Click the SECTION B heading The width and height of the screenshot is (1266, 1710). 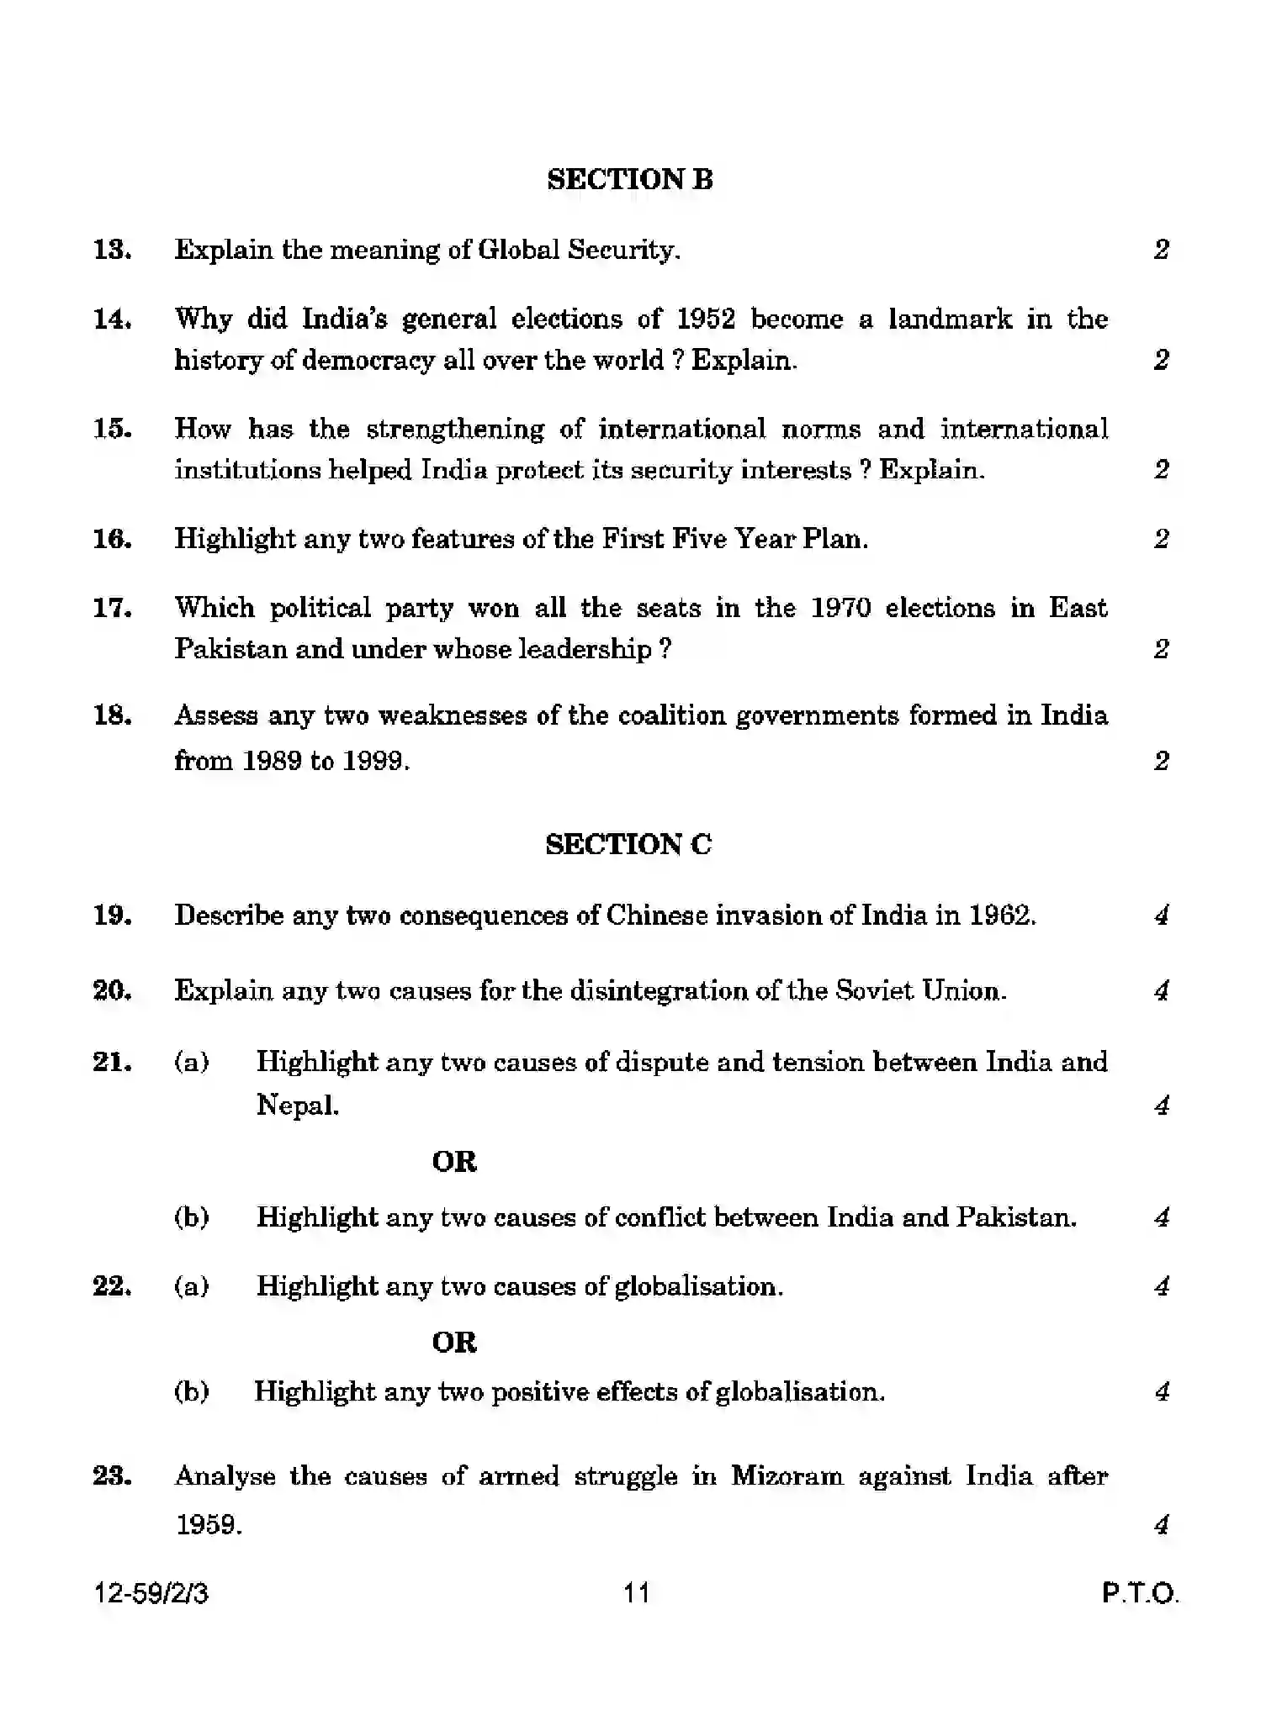pyautogui.click(x=629, y=179)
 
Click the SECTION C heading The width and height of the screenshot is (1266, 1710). pyautogui.click(x=628, y=844)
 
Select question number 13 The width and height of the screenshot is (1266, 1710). pyautogui.click(x=112, y=250)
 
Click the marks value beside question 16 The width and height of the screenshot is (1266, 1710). pyautogui.click(x=1161, y=538)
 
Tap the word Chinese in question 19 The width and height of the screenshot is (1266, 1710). pyautogui.click(x=656, y=915)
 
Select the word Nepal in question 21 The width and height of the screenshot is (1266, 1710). pyautogui.click(x=297, y=1105)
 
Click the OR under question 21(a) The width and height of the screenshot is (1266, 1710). pyautogui.click(x=454, y=1162)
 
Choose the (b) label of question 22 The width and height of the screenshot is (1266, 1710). pyautogui.click(x=192, y=1391)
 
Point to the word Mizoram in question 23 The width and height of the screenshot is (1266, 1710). pyautogui.click(x=787, y=1475)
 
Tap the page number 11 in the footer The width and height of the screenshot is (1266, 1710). pyautogui.click(x=637, y=1592)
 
